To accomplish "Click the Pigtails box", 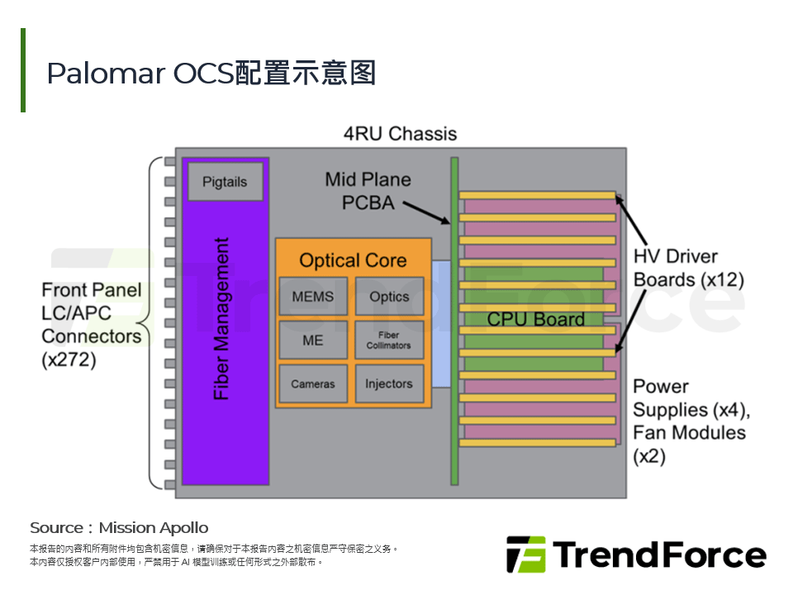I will [x=225, y=182].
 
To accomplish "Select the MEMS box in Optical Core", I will [x=313, y=296].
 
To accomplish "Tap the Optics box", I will [x=389, y=296].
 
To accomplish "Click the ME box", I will [x=313, y=340].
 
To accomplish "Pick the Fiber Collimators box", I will [x=389, y=340].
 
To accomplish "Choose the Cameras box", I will [x=313, y=383].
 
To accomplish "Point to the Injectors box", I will [x=389, y=383].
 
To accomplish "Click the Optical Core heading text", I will [x=353, y=260].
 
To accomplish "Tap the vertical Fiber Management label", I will [x=221, y=319].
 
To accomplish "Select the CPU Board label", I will [x=535, y=319].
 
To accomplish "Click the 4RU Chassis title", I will [x=400, y=133].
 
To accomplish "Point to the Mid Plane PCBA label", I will [x=368, y=190].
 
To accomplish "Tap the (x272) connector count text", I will [x=69, y=359].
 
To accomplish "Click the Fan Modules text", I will [x=689, y=432].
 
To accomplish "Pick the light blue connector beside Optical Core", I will [x=441, y=324].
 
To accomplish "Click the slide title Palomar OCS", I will [x=211, y=73].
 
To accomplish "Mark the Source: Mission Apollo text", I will [x=119, y=527].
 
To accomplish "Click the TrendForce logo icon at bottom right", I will [x=525, y=555].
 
